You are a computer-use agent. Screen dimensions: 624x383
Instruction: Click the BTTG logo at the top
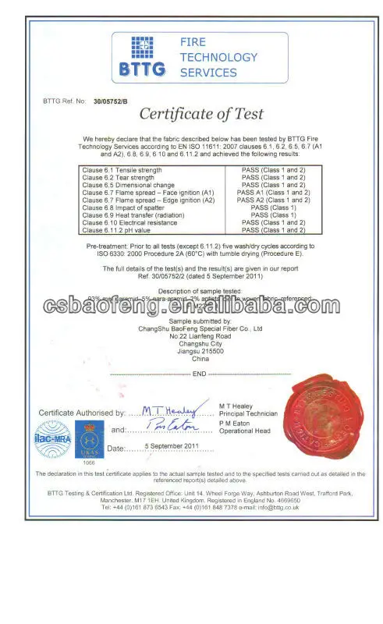coord(142,55)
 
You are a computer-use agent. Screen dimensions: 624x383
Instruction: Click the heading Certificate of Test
coord(201,114)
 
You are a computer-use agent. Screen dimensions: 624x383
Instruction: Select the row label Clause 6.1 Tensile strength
coord(122,169)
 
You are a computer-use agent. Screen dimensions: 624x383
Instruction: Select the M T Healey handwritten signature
coord(177,408)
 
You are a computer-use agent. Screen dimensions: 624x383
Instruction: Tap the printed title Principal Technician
coord(248,413)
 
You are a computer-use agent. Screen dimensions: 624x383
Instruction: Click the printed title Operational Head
coord(245,431)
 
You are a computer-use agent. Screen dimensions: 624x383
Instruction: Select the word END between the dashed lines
coord(199,374)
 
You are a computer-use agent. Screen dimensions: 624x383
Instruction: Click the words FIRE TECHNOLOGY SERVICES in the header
coord(208,57)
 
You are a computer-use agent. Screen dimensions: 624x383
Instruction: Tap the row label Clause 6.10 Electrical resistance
coord(129,223)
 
